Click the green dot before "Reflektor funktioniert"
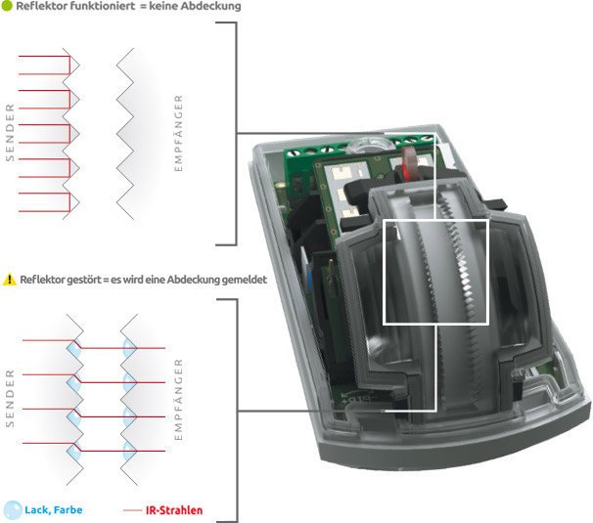[x=6, y=7]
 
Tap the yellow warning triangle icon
[x=9, y=280]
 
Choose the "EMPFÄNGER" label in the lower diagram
[x=178, y=400]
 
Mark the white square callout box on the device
[x=435, y=271]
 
